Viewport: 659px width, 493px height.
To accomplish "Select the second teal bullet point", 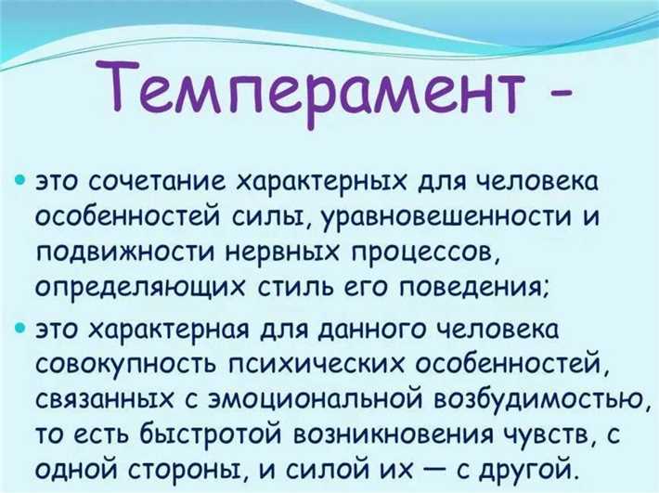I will tap(22, 330).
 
